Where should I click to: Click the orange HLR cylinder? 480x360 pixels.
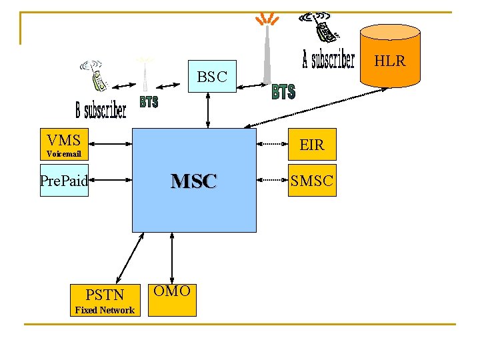[390, 57]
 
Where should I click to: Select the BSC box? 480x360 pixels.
[212, 77]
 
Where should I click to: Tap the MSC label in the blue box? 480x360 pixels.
[193, 181]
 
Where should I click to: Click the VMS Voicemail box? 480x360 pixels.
[64, 145]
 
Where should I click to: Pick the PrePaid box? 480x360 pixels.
[64, 180]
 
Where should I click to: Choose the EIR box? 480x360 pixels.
[311, 145]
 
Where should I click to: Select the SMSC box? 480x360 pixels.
[311, 180]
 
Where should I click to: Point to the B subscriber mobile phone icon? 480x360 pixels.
[95, 75]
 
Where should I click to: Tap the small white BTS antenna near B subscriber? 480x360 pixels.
[144, 74]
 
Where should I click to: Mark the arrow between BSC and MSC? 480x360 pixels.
[209, 110]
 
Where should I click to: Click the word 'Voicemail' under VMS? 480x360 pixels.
[64, 154]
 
